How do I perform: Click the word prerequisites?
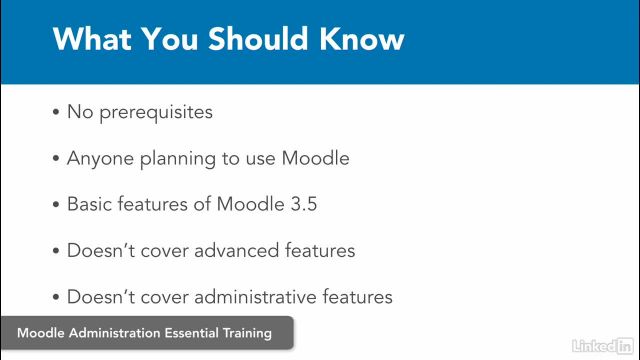(154, 112)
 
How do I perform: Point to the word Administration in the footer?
(109, 334)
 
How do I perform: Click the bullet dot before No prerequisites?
(56, 112)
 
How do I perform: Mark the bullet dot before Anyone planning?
(56, 158)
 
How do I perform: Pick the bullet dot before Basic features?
(56, 204)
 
